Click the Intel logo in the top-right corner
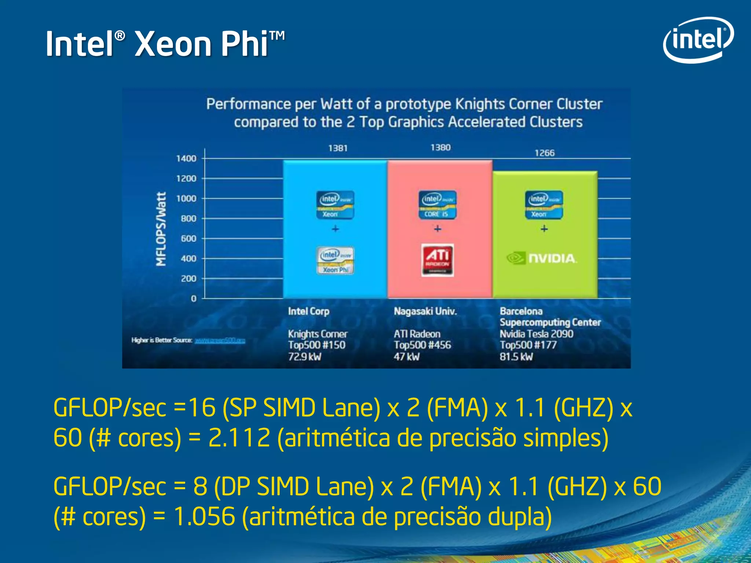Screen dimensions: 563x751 point(698,40)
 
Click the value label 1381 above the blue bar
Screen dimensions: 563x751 point(338,148)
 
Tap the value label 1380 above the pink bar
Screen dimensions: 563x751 point(440,147)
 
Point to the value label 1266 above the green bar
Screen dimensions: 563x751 point(545,153)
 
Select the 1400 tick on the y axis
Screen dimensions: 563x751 point(186,158)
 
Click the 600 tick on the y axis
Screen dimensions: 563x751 point(188,239)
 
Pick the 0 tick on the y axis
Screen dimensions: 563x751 point(194,299)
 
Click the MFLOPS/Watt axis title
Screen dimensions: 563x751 point(161,229)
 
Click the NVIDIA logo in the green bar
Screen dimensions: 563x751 point(542,258)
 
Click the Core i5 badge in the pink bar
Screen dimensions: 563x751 point(437,205)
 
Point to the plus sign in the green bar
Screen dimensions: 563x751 point(544,229)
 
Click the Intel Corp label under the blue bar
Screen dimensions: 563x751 point(308,311)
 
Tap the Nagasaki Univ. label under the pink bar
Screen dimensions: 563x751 point(425,311)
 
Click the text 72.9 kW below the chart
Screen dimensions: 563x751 point(304,357)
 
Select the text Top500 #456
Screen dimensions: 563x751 point(422,345)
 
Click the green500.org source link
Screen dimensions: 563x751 point(220,341)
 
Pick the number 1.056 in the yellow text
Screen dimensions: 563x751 point(204,516)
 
